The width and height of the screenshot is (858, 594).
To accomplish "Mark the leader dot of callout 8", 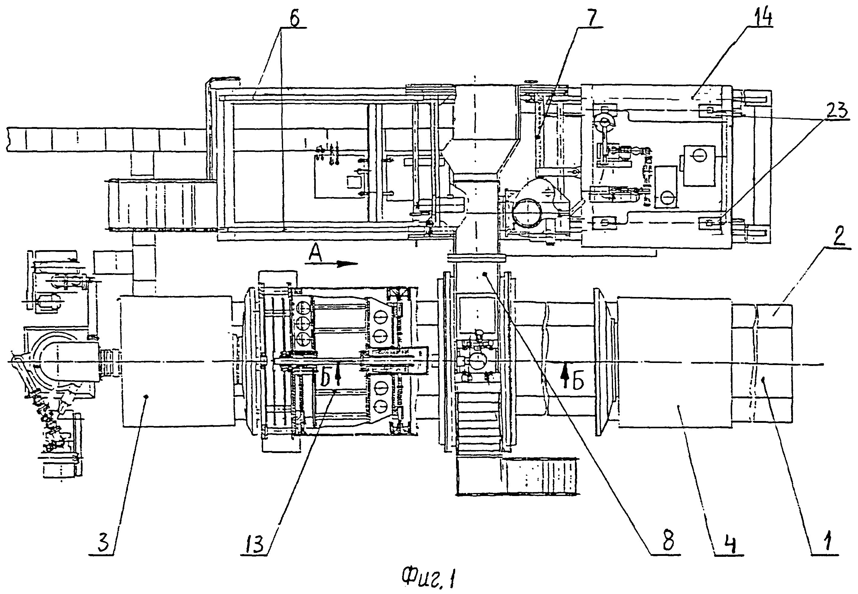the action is pos(484,274).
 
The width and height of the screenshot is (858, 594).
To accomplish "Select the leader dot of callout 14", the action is pos(692,97).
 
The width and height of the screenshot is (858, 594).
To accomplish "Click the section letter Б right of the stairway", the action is pos(578,380).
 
